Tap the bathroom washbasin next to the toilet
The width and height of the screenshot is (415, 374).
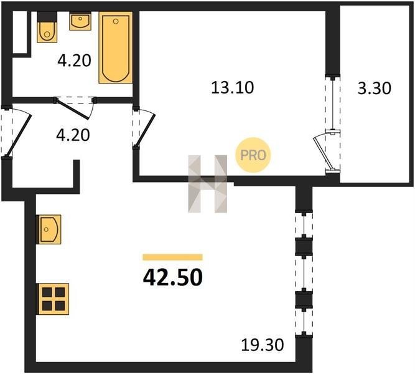tap(80, 21)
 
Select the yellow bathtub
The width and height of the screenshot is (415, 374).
tap(116, 47)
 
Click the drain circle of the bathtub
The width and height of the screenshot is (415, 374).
tap(116, 21)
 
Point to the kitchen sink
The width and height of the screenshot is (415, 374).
tap(50, 229)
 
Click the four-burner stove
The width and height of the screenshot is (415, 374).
tap(54, 299)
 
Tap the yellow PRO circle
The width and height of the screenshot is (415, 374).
tap(253, 155)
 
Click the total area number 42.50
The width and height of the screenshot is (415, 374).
tap(173, 278)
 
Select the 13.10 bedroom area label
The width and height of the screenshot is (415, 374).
tap(232, 87)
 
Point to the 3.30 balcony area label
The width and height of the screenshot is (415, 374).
tap(374, 89)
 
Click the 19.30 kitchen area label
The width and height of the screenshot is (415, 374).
tap(263, 345)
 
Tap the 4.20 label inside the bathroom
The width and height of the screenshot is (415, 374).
tap(75, 60)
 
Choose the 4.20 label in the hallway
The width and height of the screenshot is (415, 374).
tap(73, 135)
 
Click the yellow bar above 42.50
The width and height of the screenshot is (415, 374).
tap(172, 257)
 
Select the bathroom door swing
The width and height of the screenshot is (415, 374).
tap(75, 108)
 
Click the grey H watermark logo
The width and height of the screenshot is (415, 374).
tap(208, 183)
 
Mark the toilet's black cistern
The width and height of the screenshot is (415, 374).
tap(47, 17)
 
